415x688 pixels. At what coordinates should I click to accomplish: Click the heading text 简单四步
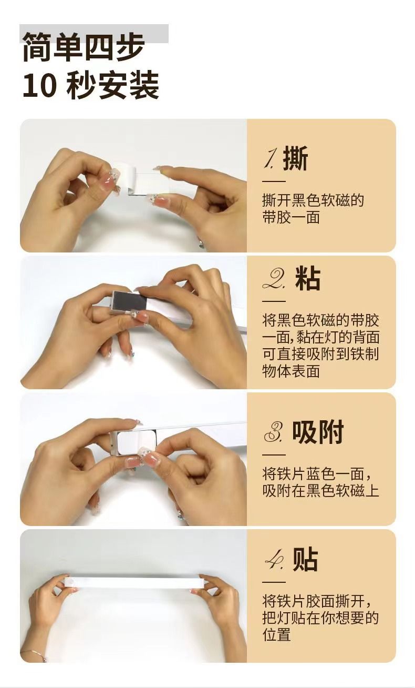(x=84, y=47)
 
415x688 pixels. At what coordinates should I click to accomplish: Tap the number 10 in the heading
(x=39, y=85)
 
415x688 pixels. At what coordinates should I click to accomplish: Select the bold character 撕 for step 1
(x=295, y=158)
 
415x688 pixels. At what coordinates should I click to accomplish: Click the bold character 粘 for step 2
(x=308, y=278)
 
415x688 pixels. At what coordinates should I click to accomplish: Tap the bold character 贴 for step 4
(x=305, y=559)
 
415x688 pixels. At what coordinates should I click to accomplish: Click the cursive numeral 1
(x=271, y=159)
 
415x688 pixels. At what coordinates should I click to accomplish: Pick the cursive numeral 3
(x=274, y=433)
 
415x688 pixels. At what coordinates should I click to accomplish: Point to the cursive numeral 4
(x=274, y=560)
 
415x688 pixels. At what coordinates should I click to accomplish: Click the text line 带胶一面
(x=291, y=217)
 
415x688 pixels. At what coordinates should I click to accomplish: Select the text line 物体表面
(x=291, y=371)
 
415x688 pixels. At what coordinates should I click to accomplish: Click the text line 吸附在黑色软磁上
(x=320, y=490)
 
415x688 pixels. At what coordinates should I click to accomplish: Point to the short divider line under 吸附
(x=274, y=454)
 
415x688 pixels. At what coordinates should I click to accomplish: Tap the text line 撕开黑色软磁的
(x=313, y=200)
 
